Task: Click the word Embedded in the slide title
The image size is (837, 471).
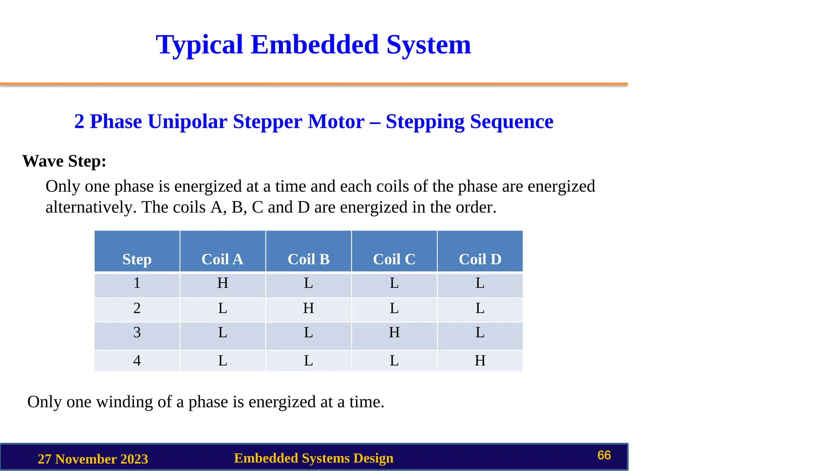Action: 314,45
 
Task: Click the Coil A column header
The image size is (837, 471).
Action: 222,259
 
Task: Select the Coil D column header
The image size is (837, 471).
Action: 480,259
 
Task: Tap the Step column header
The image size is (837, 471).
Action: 137,259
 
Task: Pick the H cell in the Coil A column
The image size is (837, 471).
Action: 222,283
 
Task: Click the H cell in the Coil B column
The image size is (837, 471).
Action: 308,308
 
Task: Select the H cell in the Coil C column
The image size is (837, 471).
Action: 394,332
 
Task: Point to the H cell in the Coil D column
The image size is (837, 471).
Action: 480,361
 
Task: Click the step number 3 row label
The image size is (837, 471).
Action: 137,332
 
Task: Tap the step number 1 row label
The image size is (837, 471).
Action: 137,283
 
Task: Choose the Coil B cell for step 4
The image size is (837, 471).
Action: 308,361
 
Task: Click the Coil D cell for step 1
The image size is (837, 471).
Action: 480,283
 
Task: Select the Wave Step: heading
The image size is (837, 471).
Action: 64,161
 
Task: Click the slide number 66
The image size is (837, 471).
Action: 604,455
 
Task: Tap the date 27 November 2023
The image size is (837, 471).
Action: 93,459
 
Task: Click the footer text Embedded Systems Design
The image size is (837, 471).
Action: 313,458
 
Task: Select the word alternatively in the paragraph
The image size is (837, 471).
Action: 91,207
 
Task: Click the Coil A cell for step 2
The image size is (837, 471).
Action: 222,308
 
